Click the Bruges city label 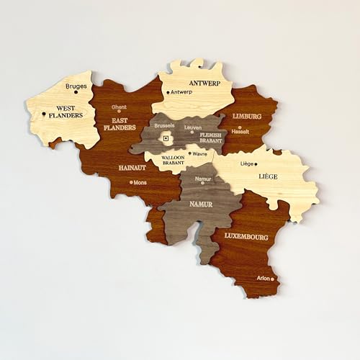[76, 86]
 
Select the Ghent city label [119, 107]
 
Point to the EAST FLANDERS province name [120, 124]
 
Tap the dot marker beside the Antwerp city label [168, 92]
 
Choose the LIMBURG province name [247, 115]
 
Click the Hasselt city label [241, 132]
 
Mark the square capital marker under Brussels [166, 137]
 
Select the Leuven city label [192, 127]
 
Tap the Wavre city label [199, 153]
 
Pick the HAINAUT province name [132, 168]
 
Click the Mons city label [140, 182]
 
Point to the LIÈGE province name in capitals [269, 176]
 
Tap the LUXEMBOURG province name [246, 236]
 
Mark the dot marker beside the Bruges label [76, 92]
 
